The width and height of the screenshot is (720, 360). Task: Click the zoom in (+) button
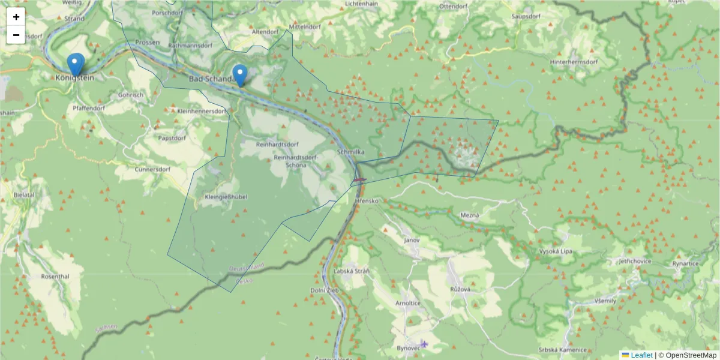(x=16, y=17)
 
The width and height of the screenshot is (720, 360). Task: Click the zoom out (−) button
(x=16, y=35)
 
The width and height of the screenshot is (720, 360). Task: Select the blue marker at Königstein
(x=75, y=64)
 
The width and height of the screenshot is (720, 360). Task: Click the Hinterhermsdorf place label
(x=574, y=62)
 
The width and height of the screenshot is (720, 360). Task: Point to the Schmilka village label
(x=351, y=152)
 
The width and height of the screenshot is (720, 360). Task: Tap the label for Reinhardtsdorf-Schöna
(x=295, y=161)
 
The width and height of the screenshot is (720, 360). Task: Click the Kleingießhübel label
(x=226, y=197)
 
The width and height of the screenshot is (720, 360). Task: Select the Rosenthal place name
(x=55, y=277)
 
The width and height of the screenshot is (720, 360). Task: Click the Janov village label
(x=412, y=240)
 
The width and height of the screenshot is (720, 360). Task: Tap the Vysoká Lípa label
(x=557, y=251)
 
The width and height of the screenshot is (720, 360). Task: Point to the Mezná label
(x=469, y=215)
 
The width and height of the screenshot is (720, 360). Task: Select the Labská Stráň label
(x=352, y=271)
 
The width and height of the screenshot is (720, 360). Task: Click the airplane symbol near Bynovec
(x=425, y=344)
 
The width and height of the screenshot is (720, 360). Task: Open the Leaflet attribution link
(x=641, y=355)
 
